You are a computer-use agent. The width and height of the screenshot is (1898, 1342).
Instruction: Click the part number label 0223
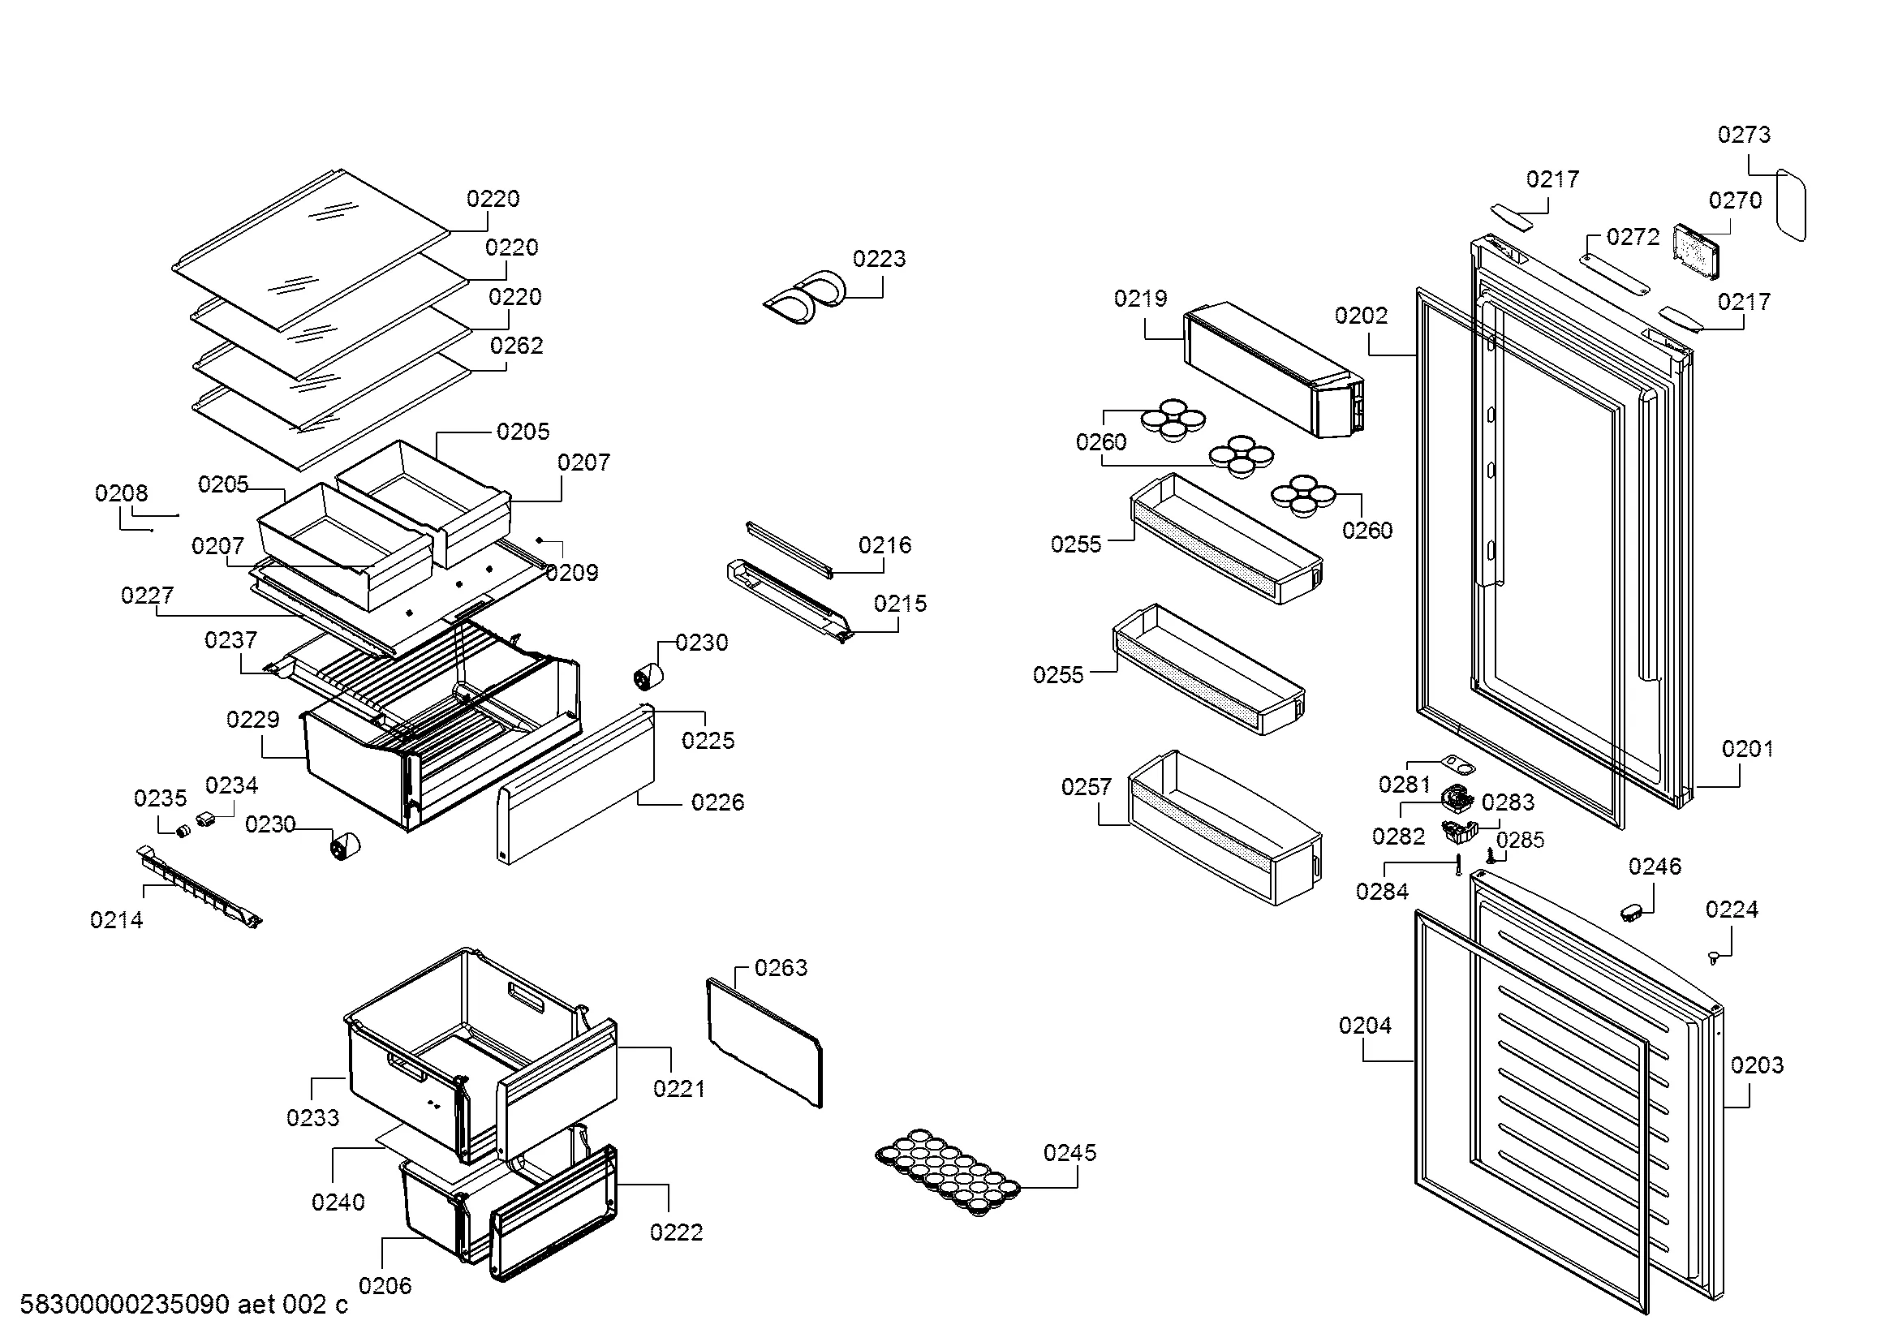pos(879,259)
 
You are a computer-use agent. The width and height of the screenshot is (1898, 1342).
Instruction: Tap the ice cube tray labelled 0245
pos(947,1172)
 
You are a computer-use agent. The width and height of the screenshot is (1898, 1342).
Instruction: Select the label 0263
pos(781,968)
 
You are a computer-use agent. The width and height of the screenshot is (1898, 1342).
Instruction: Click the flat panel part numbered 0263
pos(764,1042)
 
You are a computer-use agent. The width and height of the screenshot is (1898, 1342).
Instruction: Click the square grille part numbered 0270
pos(1695,251)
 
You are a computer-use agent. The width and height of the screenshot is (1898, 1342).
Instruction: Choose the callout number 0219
pos(1140,299)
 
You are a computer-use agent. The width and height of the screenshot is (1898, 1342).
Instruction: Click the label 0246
pos(1654,866)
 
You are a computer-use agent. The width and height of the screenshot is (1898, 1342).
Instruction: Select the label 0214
pos(117,920)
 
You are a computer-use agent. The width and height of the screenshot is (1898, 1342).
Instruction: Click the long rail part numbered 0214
pos(198,885)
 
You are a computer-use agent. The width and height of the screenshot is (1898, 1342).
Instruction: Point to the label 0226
pos(717,802)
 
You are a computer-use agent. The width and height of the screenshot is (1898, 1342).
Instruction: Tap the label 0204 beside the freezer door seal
pos(1365,1026)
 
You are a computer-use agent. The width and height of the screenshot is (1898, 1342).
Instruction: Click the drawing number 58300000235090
pos(124,1305)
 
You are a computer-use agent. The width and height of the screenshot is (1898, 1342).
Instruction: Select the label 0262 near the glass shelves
pos(516,346)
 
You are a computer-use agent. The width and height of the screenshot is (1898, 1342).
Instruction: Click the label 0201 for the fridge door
pos(1747,749)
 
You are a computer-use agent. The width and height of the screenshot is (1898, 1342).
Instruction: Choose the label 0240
pos(338,1202)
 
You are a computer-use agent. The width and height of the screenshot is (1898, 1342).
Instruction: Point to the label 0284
pos(1381,891)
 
